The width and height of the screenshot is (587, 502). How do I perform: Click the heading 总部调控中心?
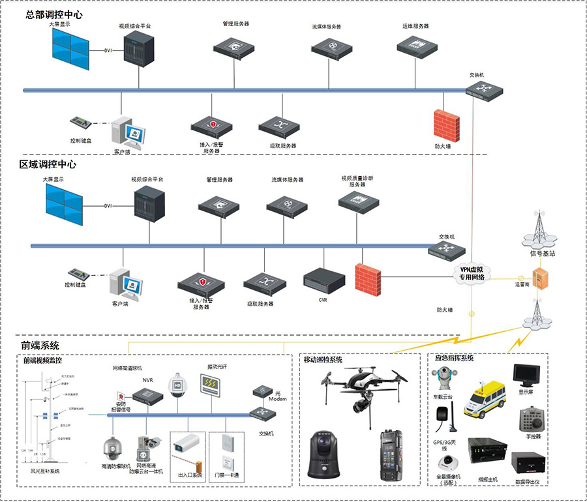click(x=54, y=14)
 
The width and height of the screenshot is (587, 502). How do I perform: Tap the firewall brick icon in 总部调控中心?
click(x=447, y=125)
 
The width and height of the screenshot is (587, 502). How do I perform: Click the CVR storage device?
click(x=324, y=280)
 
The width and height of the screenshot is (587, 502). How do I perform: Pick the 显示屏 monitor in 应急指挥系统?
click(x=526, y=376)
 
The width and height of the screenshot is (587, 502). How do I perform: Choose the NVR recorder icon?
click(x=148, y=395)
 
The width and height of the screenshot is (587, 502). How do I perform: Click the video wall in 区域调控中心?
click(x=63, y=204)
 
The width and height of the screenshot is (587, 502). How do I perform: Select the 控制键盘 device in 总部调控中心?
click(x=82, y=123)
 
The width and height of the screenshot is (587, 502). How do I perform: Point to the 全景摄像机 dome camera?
click(x=449, y=462)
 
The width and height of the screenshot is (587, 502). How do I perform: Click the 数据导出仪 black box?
click(x=527, y=464)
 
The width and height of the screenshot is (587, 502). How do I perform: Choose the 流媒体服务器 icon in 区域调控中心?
click(x=287, y=207)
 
